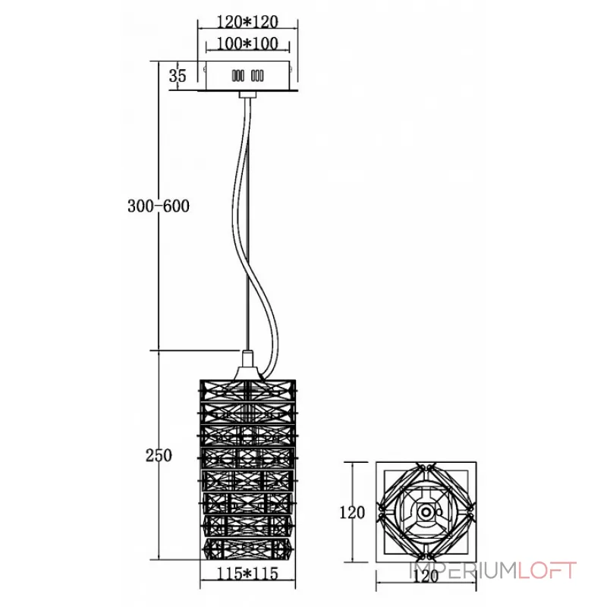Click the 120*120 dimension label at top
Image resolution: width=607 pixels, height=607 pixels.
pos(247,22)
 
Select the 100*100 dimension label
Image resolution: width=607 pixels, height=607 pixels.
pos(247,43)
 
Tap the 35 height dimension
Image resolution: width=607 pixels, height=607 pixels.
pos(178,75)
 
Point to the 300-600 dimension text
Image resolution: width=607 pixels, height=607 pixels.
pos(159,206)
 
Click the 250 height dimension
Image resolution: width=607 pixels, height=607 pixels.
pos(159,456)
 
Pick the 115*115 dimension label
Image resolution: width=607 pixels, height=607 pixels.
pos(247,574)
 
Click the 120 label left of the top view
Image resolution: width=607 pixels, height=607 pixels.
pos(352,513)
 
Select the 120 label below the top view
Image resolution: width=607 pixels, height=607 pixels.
pos(426,577)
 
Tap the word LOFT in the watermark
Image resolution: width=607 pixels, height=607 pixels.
pos(547,571)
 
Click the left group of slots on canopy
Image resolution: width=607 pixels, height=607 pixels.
pos(237,76)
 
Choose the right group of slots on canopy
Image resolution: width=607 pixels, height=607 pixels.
pos(257,76)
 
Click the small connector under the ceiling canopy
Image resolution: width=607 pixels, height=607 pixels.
pos(248,94)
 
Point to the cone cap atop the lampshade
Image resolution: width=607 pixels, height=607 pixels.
pos(248,365)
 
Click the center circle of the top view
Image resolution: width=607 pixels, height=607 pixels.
pos(426,512)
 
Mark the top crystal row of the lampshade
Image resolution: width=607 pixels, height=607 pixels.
pos(248,390)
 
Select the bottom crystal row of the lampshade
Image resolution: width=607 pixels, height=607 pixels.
pos(248,548)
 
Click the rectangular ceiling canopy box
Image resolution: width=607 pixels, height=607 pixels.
pos(248,76)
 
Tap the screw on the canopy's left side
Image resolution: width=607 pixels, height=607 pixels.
pos(204,69)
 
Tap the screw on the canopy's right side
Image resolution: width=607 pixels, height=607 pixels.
pos(291,69)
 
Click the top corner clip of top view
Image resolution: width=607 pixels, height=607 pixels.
pos(426,467)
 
